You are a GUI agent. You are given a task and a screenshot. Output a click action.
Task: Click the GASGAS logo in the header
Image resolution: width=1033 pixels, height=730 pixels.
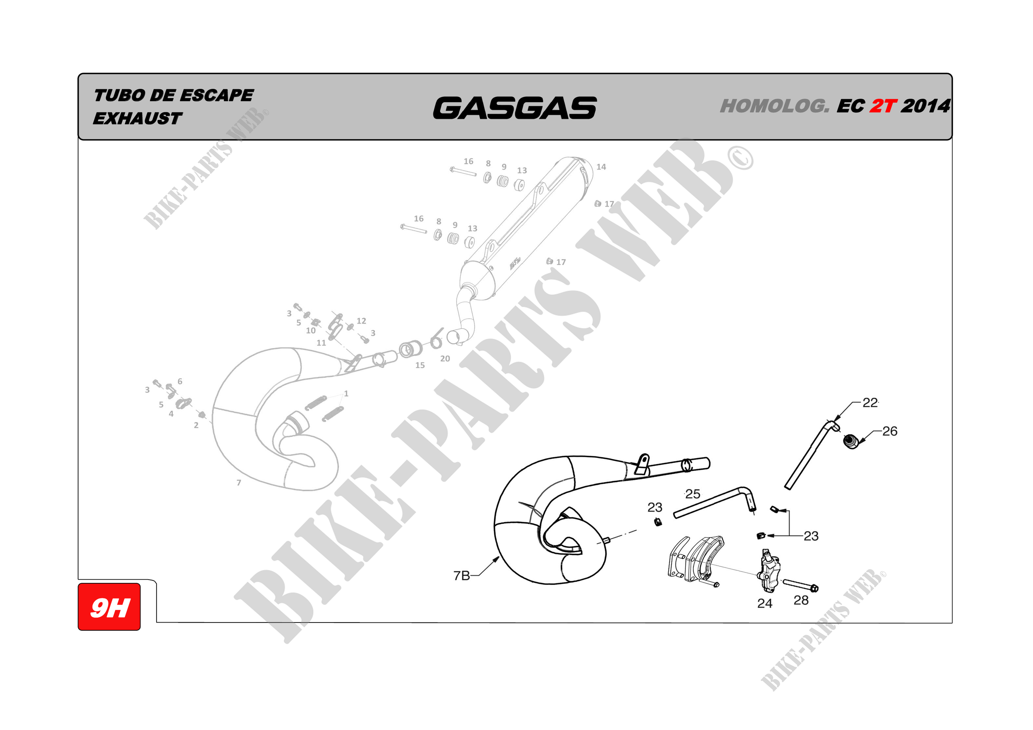[x=515, y=108]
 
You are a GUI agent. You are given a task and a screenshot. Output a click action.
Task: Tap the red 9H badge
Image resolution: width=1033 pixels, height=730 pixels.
[x=109, y=607]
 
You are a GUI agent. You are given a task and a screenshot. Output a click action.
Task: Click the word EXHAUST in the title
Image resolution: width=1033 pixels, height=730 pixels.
[x=137, y=118]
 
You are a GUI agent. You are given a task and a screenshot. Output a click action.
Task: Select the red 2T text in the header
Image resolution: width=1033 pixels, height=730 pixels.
[x=883, y=106]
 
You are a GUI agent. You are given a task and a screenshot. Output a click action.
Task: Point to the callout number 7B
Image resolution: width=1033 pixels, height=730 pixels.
[x=462, y=576]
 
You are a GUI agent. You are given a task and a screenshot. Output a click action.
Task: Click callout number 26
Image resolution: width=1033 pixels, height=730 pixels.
[x=890, y=431]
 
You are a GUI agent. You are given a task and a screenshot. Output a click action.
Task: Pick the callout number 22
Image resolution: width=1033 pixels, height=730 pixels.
[x=870, y=402]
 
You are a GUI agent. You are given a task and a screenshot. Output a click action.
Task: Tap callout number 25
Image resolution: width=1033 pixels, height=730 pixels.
[x=693, y=494]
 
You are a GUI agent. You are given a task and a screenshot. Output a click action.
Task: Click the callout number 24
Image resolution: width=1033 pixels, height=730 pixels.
[x=765, y=603]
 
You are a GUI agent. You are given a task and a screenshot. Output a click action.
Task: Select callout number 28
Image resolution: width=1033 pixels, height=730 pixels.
[x=801, y=600]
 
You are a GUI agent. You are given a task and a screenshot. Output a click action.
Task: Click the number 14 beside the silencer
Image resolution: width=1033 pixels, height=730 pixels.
[x=601, y=167]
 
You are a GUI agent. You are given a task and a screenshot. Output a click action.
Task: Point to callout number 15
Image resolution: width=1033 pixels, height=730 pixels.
[x=420, y=365]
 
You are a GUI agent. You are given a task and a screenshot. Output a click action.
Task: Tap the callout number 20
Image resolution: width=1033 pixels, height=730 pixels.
[x=445, y=358]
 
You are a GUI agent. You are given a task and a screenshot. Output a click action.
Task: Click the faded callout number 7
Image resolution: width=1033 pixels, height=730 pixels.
[x=239, y=482]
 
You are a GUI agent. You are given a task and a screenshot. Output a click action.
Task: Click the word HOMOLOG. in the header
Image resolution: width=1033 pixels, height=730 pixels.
[x=775, y=106]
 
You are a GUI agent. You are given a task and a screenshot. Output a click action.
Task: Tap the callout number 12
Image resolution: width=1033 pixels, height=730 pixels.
[x=361, y=321]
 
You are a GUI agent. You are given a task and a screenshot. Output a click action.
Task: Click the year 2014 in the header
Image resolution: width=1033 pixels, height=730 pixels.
[x=926, y=106]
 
